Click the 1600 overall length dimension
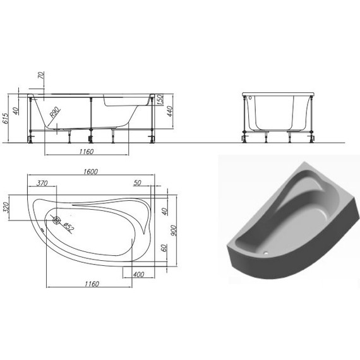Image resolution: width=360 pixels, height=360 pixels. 91,172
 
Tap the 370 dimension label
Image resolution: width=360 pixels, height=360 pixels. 42,183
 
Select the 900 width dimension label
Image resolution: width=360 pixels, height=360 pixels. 174,231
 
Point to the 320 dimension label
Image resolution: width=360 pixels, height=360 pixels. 6,207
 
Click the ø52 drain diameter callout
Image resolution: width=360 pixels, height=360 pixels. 68,227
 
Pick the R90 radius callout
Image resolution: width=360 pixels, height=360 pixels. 55,112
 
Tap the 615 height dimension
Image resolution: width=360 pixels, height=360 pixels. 6,118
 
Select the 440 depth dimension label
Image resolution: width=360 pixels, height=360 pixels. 170,111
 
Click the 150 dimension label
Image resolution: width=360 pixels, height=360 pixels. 160,99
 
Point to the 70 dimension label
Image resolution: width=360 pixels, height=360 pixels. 41,76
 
